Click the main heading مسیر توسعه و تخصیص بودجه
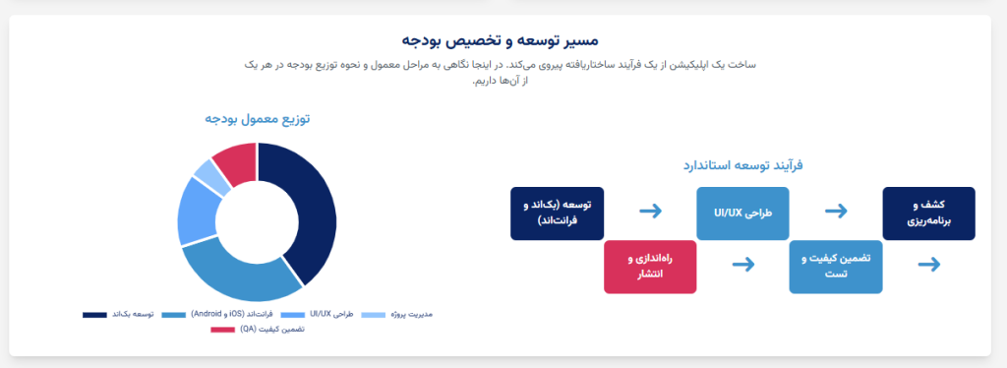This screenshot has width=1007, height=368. (x=503, y=40)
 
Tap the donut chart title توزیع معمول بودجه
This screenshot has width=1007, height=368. (x=257, y=119)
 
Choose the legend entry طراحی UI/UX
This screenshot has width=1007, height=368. (x=317, y=315)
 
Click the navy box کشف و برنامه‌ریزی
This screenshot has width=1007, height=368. (x=928, y=214)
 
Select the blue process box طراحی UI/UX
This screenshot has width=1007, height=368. (x=742, y=213)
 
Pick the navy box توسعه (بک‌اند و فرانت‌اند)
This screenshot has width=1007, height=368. (x=557, y=214)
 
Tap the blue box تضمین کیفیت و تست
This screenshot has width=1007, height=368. (x=835, y=266)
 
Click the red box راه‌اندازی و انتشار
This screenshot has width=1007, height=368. (x=650, y=266)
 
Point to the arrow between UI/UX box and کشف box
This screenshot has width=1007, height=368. (x=836, y=211)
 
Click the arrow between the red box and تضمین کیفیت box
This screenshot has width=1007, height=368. (x=743, y=264)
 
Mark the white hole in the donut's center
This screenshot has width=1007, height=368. (x=257, y=222)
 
